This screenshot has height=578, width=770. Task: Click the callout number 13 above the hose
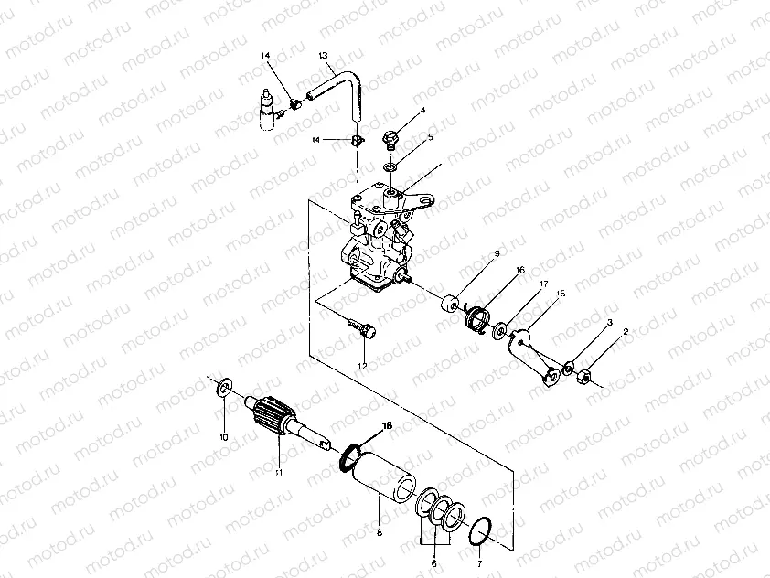[323, 56]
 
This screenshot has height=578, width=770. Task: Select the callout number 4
[423, 112]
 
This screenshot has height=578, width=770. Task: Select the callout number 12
[363, 366]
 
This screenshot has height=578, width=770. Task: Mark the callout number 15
[561, 294]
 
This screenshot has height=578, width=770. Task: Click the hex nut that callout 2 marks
[583, 375]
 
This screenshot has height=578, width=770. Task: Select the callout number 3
[608, 323]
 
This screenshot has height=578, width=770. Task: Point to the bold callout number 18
[387, 426]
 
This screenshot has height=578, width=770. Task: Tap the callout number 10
[224, 436]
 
